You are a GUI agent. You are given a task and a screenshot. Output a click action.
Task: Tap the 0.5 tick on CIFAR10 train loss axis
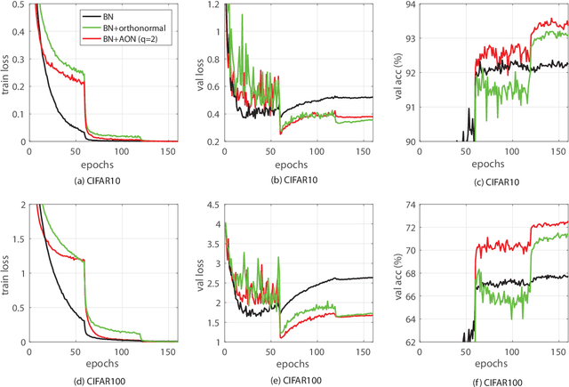pos(19,6)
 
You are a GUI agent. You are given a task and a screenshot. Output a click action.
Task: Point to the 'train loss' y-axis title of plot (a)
pos(6,73)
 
